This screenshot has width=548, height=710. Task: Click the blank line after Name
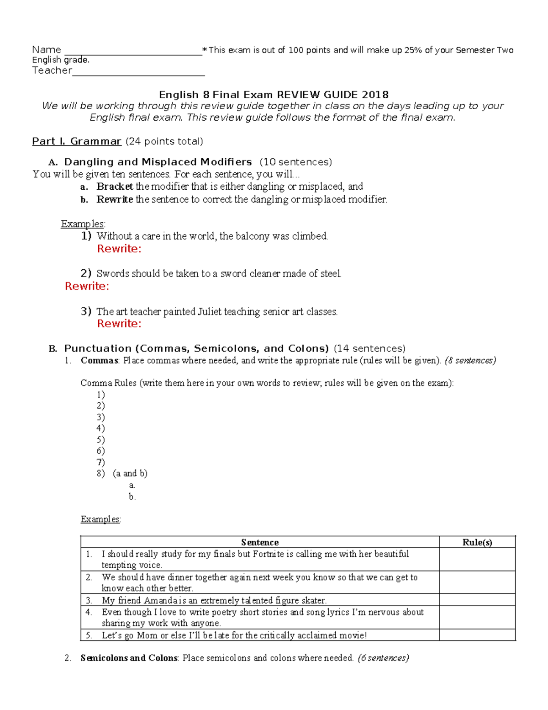click(133, 51)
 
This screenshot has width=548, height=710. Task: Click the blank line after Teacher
click(138, 72)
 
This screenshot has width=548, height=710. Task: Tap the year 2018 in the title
click(375, 95)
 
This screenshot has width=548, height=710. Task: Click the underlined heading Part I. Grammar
click(76, 141)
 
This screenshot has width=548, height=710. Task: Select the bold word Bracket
click(115, 187)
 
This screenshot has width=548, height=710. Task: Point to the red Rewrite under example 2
click(87, 286)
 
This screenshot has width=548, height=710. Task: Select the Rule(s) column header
click(477, 542)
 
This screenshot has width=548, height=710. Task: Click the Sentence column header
click(259, 542)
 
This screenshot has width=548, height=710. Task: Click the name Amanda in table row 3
click(160, 600)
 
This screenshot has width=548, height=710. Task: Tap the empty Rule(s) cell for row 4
click(477, 618)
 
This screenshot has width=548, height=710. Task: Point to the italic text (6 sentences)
click(383, 658)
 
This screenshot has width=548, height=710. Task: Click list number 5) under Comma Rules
click(100, 440)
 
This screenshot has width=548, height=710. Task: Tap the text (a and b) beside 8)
click(130, 474)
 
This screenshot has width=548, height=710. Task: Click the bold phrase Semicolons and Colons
click(129, 658)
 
